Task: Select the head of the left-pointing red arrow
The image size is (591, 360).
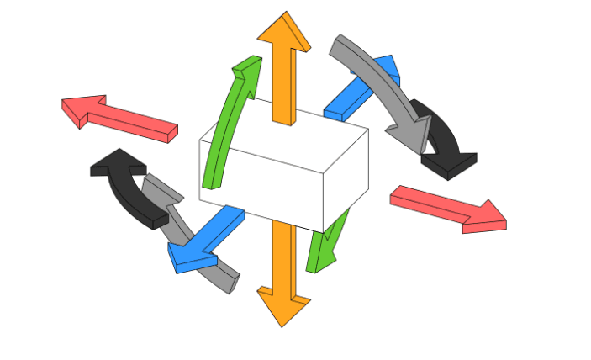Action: click(x=84, y=109)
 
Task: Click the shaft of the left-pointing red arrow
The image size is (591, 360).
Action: click(x=139, y=123)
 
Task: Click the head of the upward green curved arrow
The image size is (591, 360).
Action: click(x=245, y=67)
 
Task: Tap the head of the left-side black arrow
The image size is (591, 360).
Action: click(x=113, y=163)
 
